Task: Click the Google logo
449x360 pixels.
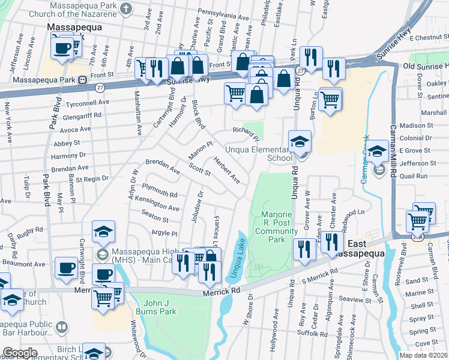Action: click(x=20, y=353)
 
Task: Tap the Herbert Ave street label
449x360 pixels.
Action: click(x=227, y=171)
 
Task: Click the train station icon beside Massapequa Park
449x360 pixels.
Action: click(x=86, y=79)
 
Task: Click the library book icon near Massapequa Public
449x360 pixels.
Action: click(x=62, y=327)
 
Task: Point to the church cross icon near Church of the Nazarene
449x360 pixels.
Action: click(x=125, y=8)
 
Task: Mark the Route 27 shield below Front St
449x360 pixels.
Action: click(x=100, y=88)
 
